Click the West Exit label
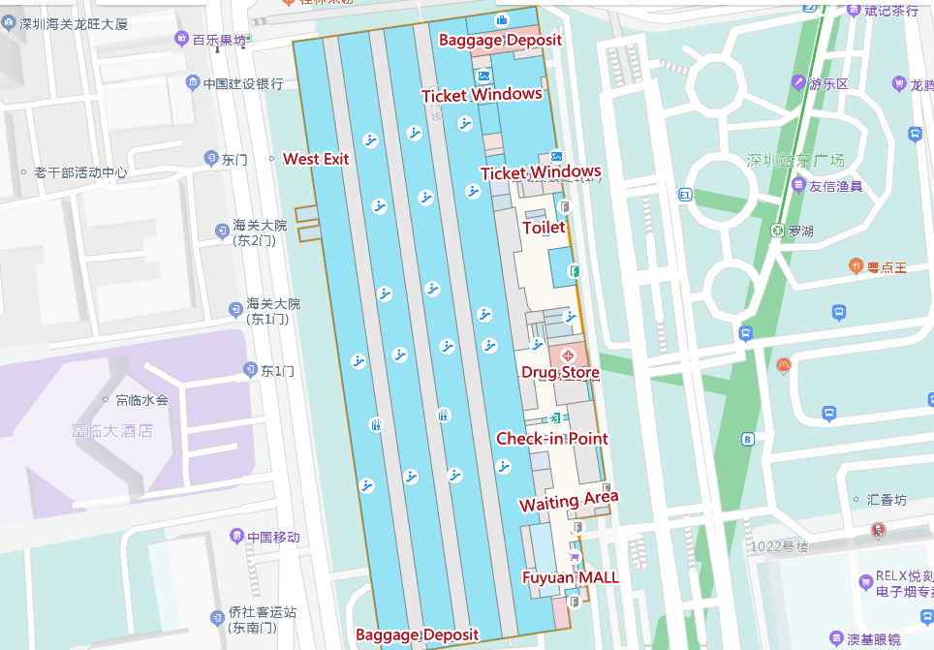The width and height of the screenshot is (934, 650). [x=316, y=159]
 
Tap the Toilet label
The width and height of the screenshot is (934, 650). [x=544, y=228]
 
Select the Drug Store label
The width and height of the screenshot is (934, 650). [x=560, y=373]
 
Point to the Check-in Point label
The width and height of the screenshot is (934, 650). [x=552, y=439]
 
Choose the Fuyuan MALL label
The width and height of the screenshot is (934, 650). [x=570, y=577]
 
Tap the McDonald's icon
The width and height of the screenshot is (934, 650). [x=784, y=365]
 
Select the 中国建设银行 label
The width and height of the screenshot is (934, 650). [x=242, y=83]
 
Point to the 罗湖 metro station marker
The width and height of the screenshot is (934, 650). [x=777, y=231]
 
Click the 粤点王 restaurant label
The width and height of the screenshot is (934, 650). [x=886, y=265]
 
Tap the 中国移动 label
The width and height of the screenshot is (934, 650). [x=272, y=537]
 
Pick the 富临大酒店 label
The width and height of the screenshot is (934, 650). [x=112, y=430]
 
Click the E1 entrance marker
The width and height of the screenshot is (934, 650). [x=686, y=195]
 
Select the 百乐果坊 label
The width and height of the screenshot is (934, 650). [x=218, y=40]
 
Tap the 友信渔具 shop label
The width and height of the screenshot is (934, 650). [x=835, y=186]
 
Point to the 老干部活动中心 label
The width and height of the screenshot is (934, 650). [x=80, y=172]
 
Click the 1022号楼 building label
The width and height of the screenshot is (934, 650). [x=781, y=547]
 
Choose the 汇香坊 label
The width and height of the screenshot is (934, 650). [x=886, y=500]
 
